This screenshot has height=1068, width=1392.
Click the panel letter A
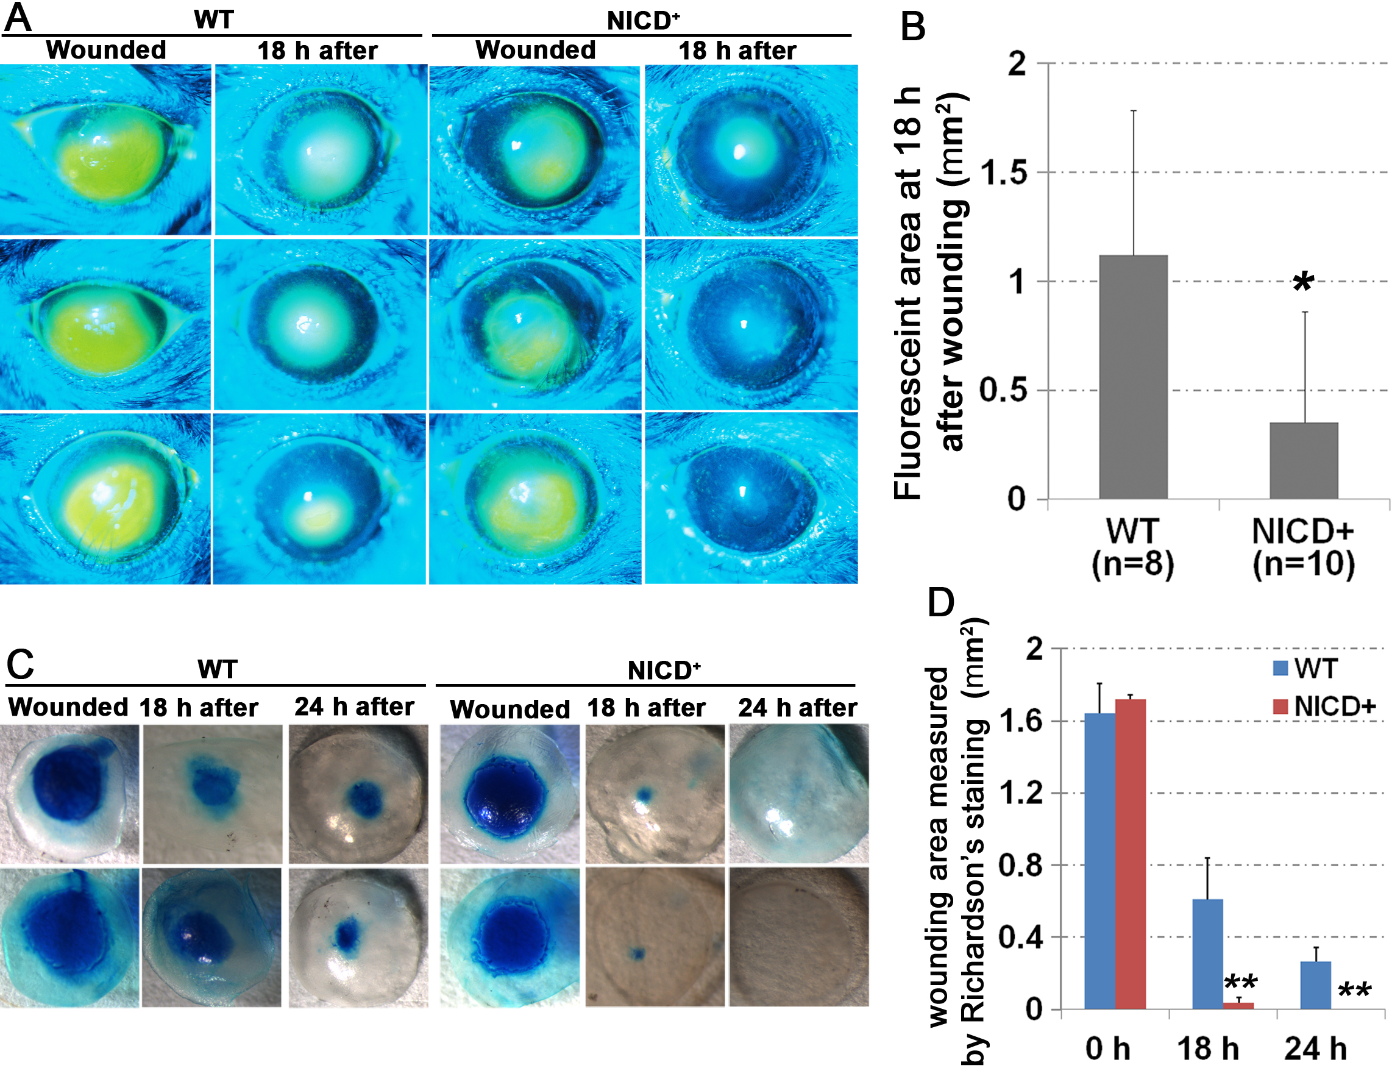pyautogui.click(x=18, y=18)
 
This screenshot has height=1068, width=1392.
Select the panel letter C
pyautogui.click(x=20, y=664)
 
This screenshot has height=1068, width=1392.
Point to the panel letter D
pyautogui.click(x=941, y=602)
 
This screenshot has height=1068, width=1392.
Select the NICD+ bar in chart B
pyautogui.click(x=1304, y=460)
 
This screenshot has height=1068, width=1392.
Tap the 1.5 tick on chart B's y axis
pyautogui.click(x=1004, y=173)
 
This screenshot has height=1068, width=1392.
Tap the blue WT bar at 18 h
pyautogui.click(x=1207, y=953)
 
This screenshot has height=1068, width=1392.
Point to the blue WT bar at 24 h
pyautogui.click(x=1315, y=984)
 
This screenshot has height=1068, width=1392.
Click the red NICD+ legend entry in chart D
pyautogui.click(x=1324, y=707)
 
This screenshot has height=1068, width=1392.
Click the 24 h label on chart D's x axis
pyautogui.click(x=1315, y=1048)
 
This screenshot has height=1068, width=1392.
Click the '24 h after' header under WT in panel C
pyautogui.click(x=354, y=707)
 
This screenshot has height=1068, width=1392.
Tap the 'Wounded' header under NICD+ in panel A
pyautogui.click(x=535, y=50)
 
